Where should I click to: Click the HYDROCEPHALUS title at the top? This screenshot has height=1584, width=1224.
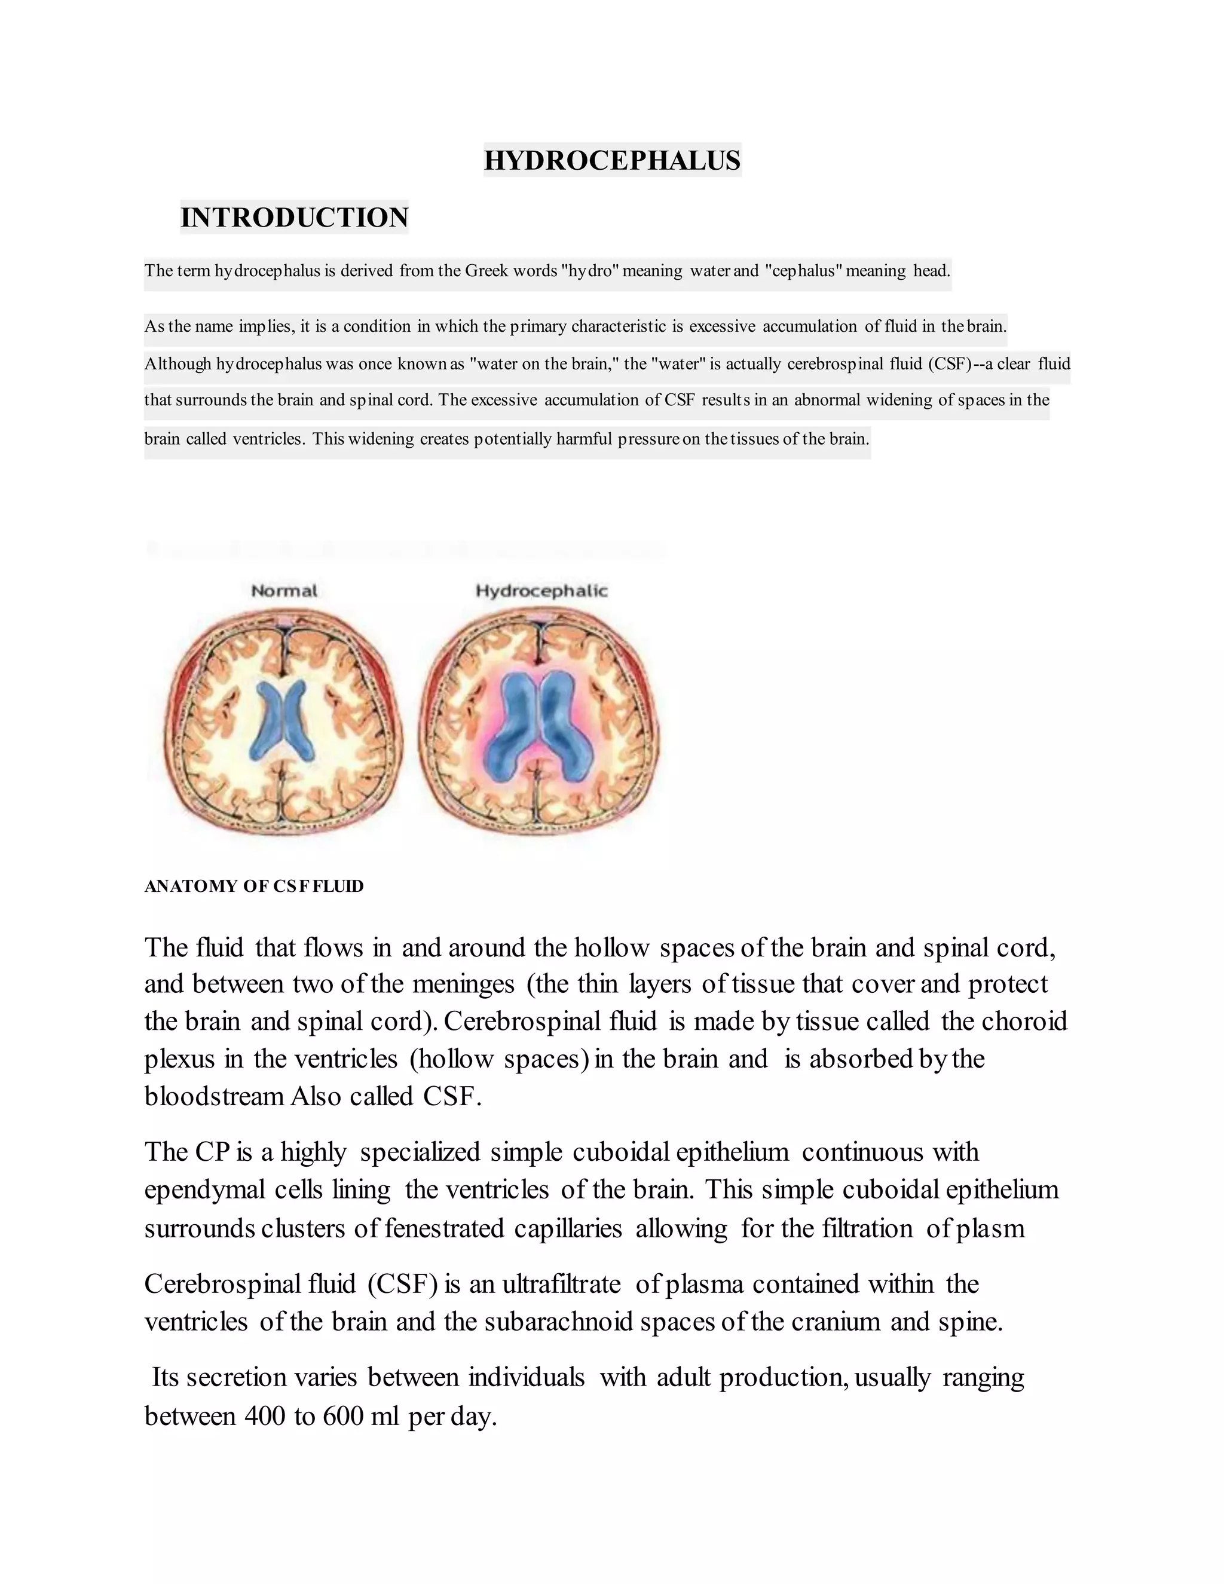pos(612,160)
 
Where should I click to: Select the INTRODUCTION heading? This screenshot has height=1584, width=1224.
pos(295,218)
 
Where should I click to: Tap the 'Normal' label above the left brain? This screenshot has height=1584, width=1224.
pos(284,591)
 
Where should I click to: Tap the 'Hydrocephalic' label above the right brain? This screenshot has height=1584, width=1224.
pos(541,591)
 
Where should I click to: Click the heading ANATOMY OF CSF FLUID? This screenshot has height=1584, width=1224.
pos(254,886)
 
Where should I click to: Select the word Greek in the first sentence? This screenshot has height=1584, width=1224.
pos(486,271)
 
